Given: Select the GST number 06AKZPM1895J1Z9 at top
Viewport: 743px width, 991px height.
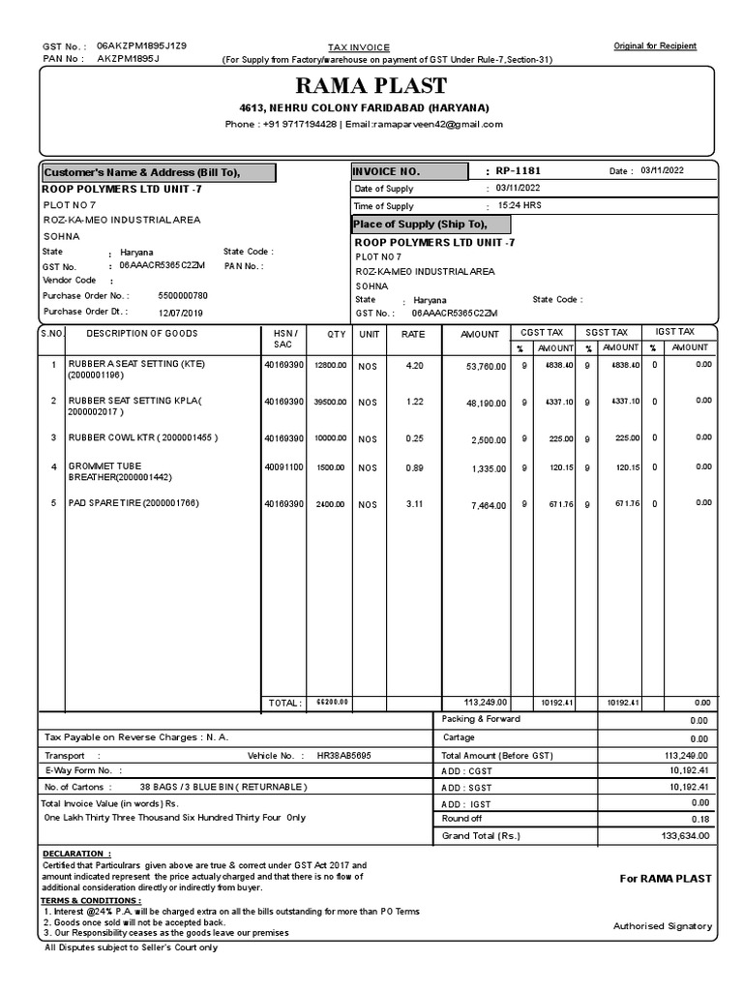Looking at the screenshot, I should point(142,45).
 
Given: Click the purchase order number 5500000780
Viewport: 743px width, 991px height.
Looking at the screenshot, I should point(183,295).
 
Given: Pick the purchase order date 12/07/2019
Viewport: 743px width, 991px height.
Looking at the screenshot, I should point(181,313).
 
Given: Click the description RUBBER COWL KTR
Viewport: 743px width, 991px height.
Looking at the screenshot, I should point(142,437).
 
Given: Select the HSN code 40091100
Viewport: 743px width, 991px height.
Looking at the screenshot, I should point(284,467).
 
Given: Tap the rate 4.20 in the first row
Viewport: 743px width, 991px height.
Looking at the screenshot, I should point(414,366).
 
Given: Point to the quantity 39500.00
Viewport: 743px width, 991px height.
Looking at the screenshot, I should point(330,402).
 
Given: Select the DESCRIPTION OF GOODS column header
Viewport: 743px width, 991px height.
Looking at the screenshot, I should point(142,333).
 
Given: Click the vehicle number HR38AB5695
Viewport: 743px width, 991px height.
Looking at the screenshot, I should point(337,754).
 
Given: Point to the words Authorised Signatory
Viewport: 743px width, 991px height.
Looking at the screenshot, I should point(663,926).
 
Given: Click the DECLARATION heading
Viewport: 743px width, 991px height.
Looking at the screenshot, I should point(76,854).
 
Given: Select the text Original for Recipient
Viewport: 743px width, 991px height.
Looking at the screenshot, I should point(655,46).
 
